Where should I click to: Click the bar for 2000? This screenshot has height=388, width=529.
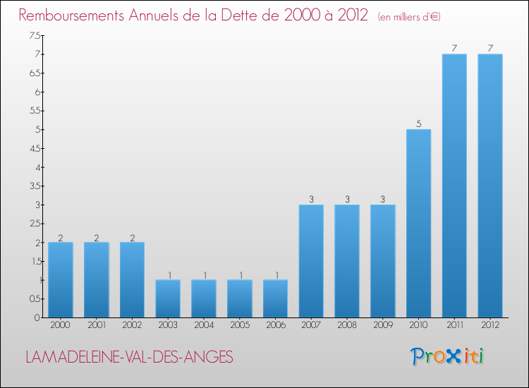click(x=61, y=280)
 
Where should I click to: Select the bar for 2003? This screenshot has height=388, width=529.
click(x=168, y=298)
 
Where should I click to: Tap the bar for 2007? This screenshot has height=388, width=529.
click(x=311, y=261)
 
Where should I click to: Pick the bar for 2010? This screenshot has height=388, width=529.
click(x=418, y=224)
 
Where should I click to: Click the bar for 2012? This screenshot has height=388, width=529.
click(x=490, y=186)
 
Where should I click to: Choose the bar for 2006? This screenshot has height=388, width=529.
click(x=275, y=298)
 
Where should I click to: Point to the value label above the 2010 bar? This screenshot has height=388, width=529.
click(x=418, y=124)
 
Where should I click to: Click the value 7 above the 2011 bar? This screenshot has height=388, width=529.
click(x=454, y=49)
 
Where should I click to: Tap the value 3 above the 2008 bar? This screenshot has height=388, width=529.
click(x=347, y=200)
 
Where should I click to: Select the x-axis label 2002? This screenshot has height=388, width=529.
click(x=132, y=325)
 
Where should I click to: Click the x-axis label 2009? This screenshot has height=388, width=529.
click(x=383, y=325)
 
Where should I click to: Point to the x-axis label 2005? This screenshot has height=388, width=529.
click(x=239, y=325)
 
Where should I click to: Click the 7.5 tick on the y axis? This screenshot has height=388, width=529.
click(x=35, y=35)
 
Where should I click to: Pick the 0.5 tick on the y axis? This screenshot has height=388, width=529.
click(x=35, y=299)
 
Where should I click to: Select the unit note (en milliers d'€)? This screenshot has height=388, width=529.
click(x=409, y=16)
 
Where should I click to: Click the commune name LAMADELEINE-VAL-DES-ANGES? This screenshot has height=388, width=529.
click(x=129, y=357)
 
